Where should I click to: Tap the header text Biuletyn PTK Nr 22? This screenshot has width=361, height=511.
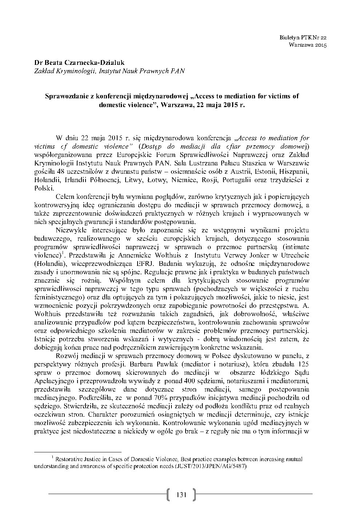304,38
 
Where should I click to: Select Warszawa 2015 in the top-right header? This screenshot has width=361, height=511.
308,45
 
